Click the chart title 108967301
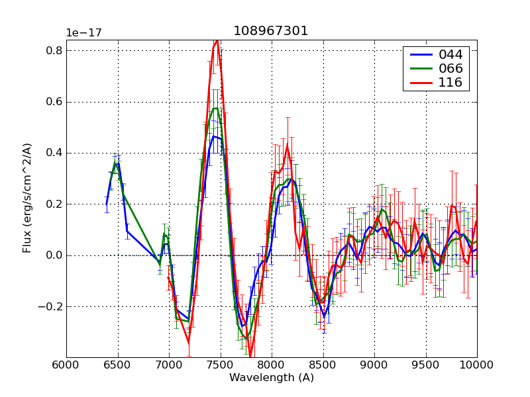(x=270, y=31)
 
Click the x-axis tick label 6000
(x=66, y=365)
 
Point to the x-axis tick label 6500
(x=117, y=365)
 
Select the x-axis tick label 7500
(x=220, y=365)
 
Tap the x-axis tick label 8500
(x=323, y=365)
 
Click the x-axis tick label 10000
(x=476, y=365)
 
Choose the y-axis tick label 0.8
(x=54, y=51)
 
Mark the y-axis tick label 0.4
(x=54, y=153)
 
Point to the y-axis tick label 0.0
(x=54, y=255)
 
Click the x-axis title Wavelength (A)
(x=271, y=378)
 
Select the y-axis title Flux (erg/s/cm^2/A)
(x=27, y=198)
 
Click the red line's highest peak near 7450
(x=216, y=40)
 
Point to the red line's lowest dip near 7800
(x=250, y=356)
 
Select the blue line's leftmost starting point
(x=107, y=203)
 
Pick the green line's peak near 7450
(x=215, y=108)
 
